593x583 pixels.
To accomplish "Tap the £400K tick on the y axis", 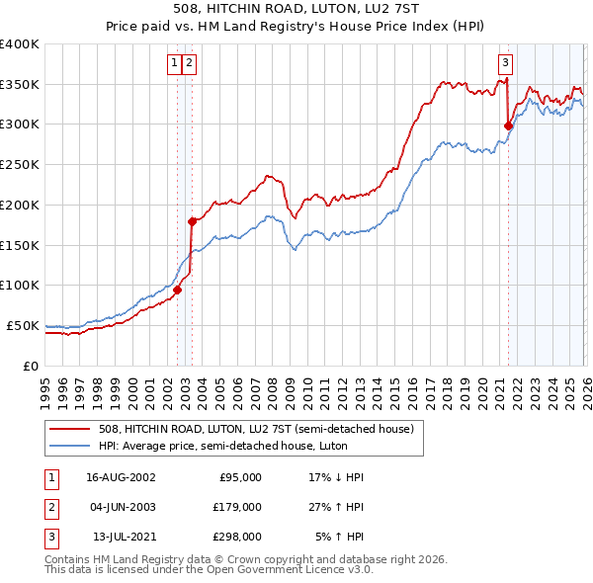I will click(x=20, y=44).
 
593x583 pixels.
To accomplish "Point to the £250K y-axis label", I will click(x=20, y=165).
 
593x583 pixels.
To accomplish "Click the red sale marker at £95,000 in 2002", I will click(x=178, y=291).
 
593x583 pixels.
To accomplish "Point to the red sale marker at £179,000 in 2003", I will click(x=192, y=222).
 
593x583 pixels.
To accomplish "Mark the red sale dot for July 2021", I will click(x=508, y=125).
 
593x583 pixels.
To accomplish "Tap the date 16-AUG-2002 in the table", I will click(x=121, y=477).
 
